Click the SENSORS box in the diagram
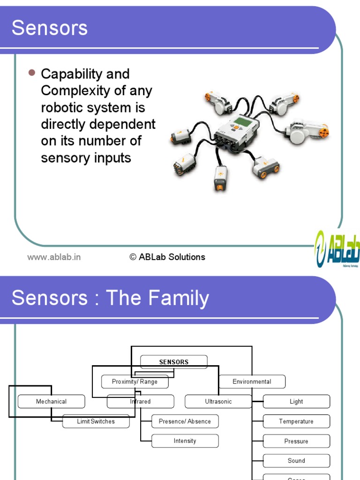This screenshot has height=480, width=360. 174,362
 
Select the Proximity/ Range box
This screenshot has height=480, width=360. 135,382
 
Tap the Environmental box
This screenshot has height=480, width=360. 252,382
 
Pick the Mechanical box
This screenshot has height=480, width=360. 52,402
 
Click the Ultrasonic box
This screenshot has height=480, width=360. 218,402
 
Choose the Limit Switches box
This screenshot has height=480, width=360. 96,421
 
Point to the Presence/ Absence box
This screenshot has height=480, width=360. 185,421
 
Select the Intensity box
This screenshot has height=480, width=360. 185,441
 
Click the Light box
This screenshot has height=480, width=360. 296,402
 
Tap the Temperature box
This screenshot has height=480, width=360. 296,421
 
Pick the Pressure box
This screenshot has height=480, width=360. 296,441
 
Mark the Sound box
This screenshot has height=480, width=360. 296,461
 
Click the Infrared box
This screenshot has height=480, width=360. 141,402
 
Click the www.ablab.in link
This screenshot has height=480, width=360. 54,257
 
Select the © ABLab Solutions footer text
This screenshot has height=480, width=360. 167,257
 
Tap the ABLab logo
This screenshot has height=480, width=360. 337,249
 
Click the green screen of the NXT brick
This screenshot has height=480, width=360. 242,122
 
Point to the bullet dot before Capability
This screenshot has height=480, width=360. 32,73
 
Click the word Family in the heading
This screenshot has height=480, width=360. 178,299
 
